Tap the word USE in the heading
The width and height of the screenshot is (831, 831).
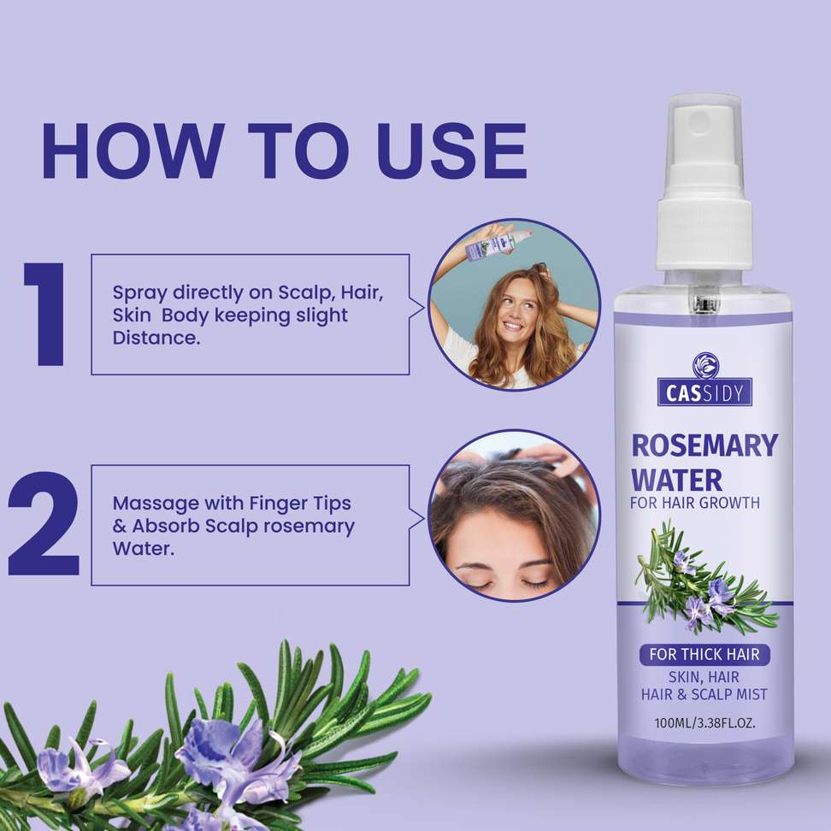(x=452, y=151)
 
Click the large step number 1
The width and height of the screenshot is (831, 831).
(x=45, y=314)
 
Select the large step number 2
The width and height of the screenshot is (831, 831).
(x=44, y=523)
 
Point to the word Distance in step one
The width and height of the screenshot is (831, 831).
(x=156, y=338)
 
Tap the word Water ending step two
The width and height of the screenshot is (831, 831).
(x=143, y=549)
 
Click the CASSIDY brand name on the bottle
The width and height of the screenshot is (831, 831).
(x=704, y=392)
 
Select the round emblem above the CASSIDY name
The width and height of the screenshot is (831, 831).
(x=705, y=366)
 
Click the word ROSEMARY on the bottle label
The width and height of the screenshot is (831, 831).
(x=704, y=445)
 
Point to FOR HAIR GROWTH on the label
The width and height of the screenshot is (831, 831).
(x=695, y=503)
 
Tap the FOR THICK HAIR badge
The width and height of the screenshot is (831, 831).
(x=704, y=655)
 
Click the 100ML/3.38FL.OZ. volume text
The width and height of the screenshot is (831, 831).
(x=704, y=722)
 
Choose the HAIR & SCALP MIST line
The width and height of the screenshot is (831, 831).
(x=704, y=694)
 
